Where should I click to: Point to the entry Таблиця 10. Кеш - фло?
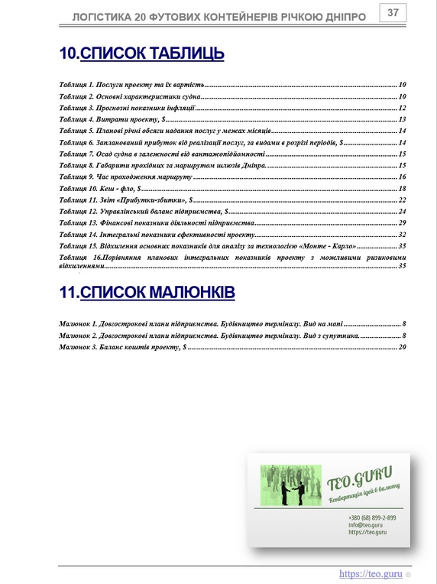click(99, 188)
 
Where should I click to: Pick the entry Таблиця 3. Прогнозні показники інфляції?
click(128, 108)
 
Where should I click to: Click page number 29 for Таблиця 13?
click(402, 222)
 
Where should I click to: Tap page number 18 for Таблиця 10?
click(402, 188)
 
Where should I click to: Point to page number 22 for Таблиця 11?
click(402, 200)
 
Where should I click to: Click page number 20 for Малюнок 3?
click(402, 348)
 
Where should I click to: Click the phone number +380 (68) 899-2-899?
click(372, 517)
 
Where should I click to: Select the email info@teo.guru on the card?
click(365, 525)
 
